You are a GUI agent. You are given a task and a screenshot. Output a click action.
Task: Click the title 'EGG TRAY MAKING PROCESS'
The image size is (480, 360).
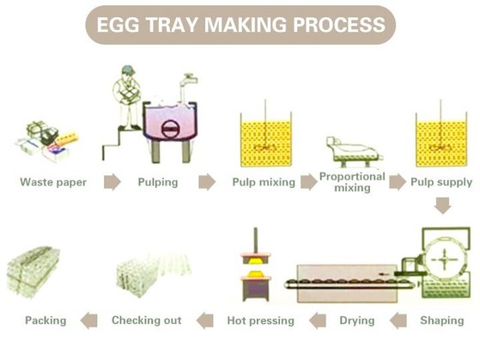[x=240, y=25]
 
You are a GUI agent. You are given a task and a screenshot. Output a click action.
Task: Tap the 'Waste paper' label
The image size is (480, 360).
[x=53, y=182]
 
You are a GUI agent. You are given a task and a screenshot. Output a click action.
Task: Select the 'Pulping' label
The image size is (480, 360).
[x=158, y=182]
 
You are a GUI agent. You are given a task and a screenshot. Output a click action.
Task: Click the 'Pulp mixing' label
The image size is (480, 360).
[x=263, y=182]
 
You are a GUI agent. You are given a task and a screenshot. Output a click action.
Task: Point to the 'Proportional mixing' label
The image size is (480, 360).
[x=352, y=182]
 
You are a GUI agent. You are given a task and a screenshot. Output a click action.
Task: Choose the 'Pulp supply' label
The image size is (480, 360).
[x=441, y=182]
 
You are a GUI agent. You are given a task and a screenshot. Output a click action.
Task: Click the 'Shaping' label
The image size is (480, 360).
[x=442, y=320]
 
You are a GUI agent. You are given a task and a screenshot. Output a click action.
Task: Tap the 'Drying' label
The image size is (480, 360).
[x=356, y=320]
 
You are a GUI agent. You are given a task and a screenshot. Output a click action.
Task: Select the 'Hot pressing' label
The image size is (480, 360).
[x=260, y=320]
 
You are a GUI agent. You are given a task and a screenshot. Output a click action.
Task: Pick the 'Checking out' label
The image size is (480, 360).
[x=147, y=320]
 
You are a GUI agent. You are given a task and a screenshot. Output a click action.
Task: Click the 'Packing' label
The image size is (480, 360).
[x=46, y=320]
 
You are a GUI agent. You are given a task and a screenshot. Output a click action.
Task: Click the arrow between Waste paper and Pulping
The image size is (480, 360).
[x=112, y=182]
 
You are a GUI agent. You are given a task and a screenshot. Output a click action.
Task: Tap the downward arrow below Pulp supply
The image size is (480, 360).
[x=442, y=206]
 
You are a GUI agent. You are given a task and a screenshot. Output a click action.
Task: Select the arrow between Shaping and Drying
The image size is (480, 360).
[x=398, y=320]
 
